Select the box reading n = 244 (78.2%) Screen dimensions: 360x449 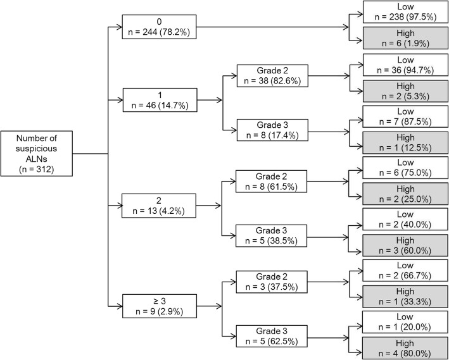click(159, 27)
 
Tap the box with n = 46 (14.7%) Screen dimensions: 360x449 click(159, 99)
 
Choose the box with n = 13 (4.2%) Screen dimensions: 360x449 click(159, 206)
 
